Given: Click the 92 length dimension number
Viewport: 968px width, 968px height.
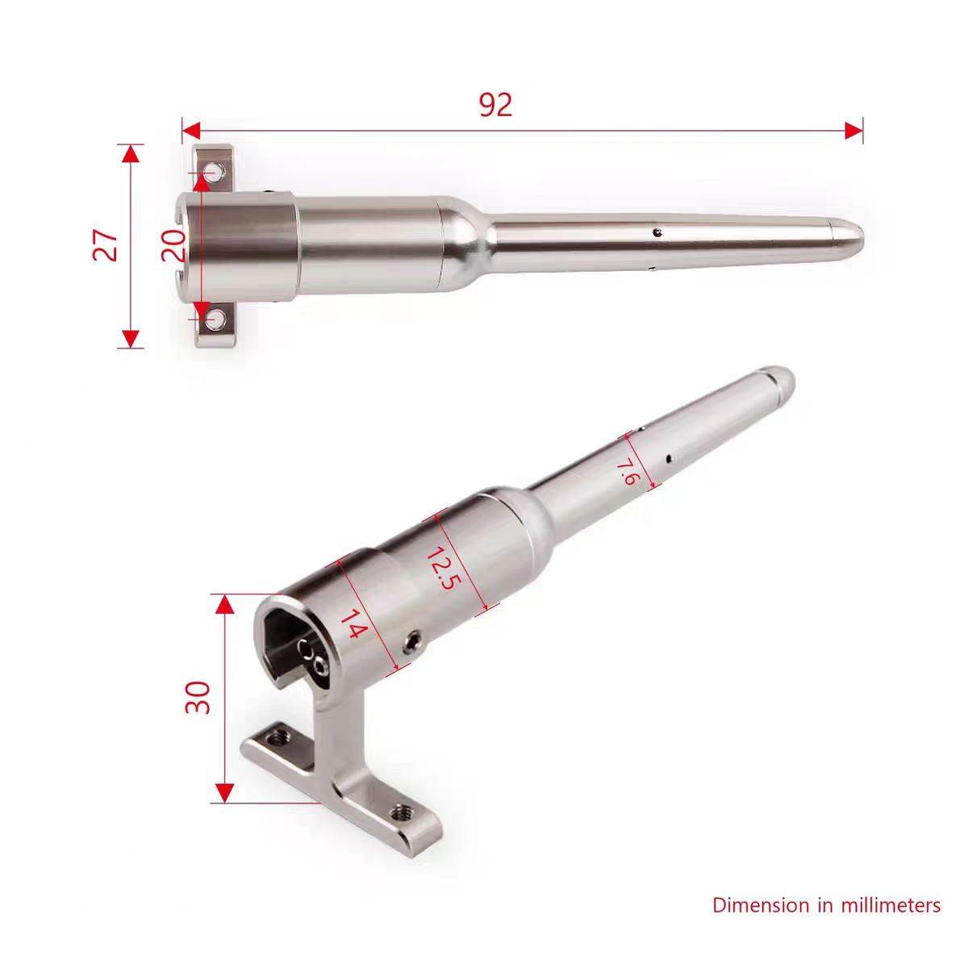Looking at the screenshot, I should (x=495, y=105).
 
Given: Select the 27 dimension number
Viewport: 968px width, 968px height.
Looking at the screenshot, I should (x=106, y=246).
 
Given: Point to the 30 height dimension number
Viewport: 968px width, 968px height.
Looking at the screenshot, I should (x=198, y=697).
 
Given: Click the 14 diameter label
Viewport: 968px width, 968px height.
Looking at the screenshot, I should (x=352, y=624).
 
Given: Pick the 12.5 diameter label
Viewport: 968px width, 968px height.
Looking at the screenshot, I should (x=440, y=570).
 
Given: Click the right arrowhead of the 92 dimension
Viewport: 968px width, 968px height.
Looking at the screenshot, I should (x=854, y=130).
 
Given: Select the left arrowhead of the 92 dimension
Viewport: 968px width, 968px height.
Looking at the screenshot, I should (x=191, y=130).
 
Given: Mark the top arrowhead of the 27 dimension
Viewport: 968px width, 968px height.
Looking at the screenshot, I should (x=131, y=153).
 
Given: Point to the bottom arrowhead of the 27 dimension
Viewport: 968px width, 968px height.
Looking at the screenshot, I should (x=131, y=339).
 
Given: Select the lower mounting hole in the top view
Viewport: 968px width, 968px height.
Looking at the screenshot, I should (x=215, y=320).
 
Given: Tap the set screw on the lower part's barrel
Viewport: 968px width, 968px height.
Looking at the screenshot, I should (x=411, y=642).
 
